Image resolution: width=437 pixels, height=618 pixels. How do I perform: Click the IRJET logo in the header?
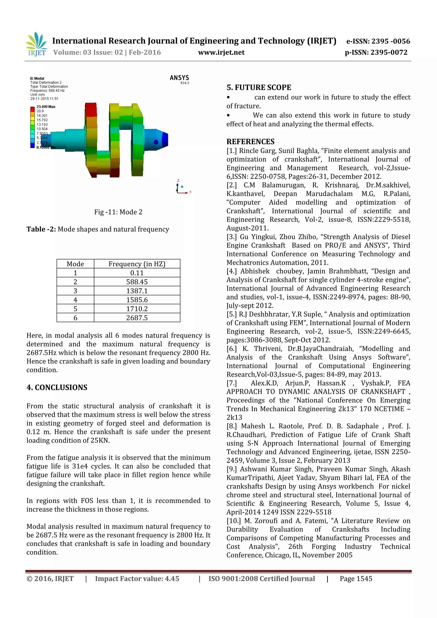(x=36, y=44)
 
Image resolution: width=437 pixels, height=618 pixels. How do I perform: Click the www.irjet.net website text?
(x=221, y=52)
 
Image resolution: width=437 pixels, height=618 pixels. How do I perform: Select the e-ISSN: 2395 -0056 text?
(x=378, y=41)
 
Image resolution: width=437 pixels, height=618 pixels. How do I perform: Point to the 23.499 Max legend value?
(x=46, y=107)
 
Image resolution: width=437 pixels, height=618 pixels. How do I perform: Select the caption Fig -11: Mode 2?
(x=118, y=212)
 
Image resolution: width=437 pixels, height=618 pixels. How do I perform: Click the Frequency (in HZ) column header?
(x=137, y=264)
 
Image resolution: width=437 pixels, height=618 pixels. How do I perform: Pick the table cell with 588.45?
(x=137, y=282)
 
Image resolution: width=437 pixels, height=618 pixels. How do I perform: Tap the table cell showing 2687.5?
(x=137, y=318)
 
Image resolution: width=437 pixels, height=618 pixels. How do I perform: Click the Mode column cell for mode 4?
(x=75, y=300)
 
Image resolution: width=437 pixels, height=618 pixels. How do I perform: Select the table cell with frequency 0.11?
(x=137, y=273)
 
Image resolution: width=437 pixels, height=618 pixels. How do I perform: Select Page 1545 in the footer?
(x=356, y=579)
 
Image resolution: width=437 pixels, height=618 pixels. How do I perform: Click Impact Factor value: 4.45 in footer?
(x=137, y=579)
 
